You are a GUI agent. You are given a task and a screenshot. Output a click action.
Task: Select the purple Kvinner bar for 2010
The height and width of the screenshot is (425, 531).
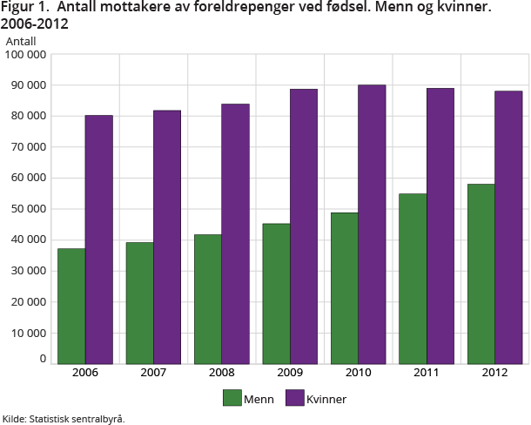372,224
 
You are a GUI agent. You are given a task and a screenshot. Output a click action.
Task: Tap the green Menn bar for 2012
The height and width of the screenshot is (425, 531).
481,273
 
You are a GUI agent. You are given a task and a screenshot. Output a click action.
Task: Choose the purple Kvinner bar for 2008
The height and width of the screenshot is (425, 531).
235,233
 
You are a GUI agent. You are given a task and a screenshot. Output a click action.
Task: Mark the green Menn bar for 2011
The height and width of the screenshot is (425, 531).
413,278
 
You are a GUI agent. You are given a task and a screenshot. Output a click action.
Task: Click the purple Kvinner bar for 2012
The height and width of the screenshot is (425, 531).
508,226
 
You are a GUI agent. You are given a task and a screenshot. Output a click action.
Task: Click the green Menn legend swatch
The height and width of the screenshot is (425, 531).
232,398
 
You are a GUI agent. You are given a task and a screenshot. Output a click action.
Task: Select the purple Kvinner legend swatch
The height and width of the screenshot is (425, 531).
292,398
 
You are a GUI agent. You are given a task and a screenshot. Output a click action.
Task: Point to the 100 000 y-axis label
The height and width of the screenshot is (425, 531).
26,55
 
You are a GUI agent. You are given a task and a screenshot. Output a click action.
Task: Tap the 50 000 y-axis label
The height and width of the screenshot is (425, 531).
29,209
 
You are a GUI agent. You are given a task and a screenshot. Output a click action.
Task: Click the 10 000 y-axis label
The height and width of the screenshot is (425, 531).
29,333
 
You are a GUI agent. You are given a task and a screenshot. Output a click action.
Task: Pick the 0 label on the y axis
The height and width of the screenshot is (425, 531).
42,358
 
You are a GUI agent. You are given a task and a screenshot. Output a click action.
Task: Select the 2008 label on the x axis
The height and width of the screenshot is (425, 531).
221,373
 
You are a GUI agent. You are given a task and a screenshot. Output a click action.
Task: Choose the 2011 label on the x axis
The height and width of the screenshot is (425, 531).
426,373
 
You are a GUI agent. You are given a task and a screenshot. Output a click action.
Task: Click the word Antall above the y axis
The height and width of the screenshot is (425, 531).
22,41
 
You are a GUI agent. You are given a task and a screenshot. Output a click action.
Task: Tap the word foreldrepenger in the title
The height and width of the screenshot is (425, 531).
218,9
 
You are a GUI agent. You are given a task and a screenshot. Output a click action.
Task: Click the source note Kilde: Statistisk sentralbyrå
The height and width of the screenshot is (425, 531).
64,419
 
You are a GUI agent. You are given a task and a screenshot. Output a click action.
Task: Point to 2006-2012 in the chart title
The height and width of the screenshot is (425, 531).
35,24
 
